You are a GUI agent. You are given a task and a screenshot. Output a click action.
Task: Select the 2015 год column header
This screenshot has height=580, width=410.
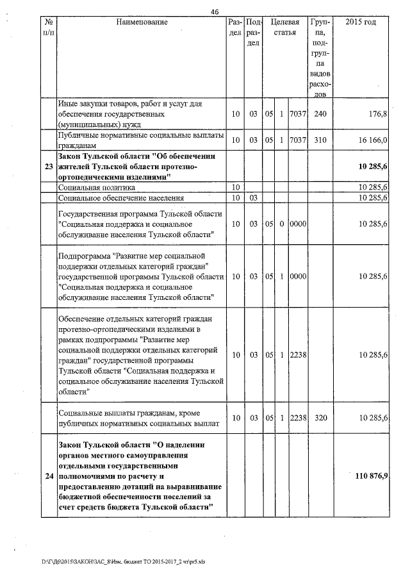pyautogui.click(x=361, y=23)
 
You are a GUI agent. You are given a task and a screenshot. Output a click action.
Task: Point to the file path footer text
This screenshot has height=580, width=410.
pyautogui.click(x=123, y=561)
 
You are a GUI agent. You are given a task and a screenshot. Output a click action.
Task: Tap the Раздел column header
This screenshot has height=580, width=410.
pyautogui.click(x=234, y=27)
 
